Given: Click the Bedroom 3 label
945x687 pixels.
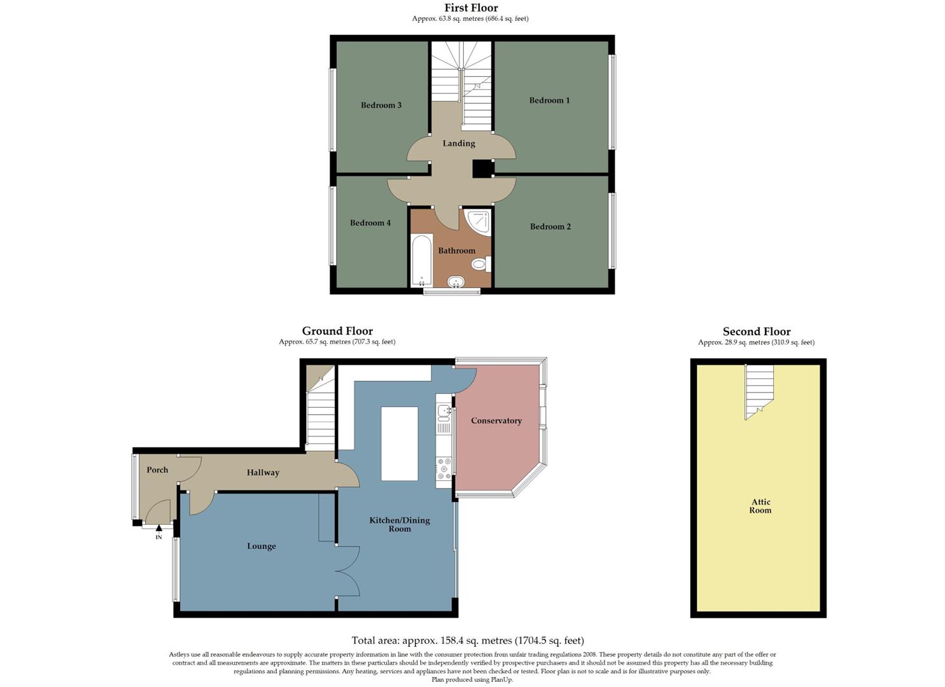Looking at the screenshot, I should pos(381,105).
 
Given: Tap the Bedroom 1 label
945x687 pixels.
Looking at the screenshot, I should pos(549,100).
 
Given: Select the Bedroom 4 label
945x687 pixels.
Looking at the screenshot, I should pos(370,223).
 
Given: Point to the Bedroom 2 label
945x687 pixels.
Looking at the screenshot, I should pos(550,226).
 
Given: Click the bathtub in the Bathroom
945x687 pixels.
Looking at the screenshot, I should pos(421,261).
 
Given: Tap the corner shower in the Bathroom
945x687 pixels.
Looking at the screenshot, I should pos(479,221).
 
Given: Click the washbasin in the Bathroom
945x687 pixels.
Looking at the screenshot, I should pos(456,281).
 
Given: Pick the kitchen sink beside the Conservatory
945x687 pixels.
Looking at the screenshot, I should pos(444,412).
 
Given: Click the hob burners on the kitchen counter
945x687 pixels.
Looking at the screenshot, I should pos(444,469).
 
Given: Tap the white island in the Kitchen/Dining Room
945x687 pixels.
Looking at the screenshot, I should pos(400,444).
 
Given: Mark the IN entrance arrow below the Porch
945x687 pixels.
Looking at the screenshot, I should pos(159,527).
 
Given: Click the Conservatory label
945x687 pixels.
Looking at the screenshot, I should pos(496,420).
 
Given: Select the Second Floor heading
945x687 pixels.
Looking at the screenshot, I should pos(757,331).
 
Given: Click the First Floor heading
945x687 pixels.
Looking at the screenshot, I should pos(471,8).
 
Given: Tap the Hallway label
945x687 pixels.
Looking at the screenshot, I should pos(263,473).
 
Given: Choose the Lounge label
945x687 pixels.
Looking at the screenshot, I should pos(262,546).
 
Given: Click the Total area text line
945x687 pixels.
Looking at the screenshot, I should pos(468,641).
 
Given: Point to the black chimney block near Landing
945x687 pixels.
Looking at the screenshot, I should pos(483,169).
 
